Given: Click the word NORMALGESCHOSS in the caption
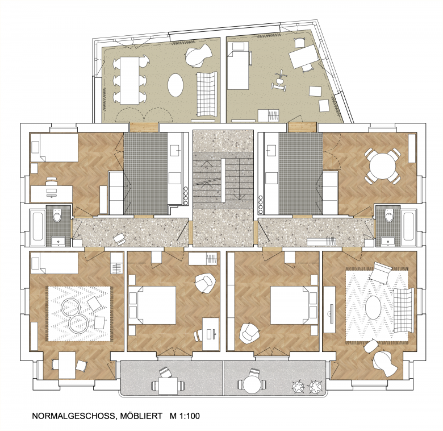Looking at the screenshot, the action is [73, 416].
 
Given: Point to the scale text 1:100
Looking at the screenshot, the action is [189, 416].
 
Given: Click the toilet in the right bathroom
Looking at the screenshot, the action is [388, 215].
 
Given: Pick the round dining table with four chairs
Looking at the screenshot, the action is [383, 166].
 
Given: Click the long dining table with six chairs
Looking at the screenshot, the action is [130, 80].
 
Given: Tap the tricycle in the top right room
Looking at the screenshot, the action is [279, 82].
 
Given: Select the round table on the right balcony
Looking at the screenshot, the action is [253, 384].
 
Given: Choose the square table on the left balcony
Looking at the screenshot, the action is [168, 386].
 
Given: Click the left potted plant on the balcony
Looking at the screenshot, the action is [298, 387].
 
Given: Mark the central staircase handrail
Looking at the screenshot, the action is [223, 180].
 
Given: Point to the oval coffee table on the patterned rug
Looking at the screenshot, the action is [373, 308].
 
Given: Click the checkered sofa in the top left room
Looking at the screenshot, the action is [207, 94].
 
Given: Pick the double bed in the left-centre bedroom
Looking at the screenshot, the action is [153, 305].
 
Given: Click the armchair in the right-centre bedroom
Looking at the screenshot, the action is [249, 333].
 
